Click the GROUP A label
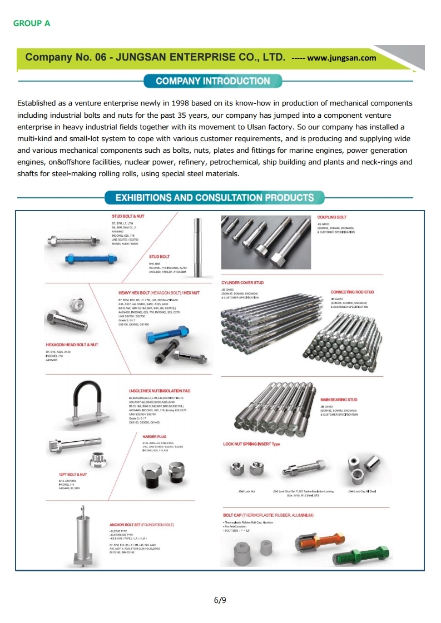[32, 23]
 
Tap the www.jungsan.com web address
[341, 58]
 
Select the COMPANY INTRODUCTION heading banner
[212, 81]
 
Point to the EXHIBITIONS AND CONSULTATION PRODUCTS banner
[214, 198]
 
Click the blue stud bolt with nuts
[90, 258]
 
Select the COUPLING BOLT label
[331, 217]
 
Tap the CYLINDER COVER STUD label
[242, 283]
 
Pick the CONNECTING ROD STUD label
[352, 292]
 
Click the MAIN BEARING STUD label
[339, 400]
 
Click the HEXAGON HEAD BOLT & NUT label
[72, 345]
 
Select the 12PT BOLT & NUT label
[73, 475]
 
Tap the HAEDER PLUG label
[155, 437]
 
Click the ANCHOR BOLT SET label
[142, 525]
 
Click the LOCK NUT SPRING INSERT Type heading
[251, 444]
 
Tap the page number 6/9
[220, 600]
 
